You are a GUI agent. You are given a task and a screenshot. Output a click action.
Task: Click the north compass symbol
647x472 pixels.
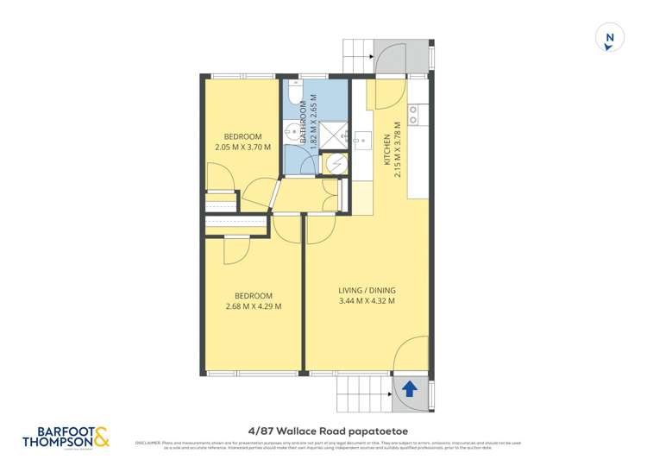610,38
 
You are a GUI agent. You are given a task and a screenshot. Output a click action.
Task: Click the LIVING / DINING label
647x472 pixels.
367,290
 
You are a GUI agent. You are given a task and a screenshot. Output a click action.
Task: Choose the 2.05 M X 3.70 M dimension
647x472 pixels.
242,147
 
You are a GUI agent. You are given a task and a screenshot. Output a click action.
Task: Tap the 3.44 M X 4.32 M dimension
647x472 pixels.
367,301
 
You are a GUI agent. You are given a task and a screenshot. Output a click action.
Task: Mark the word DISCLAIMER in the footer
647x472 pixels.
151,443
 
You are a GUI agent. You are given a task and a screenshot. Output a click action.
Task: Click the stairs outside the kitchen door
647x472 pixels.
359,56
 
